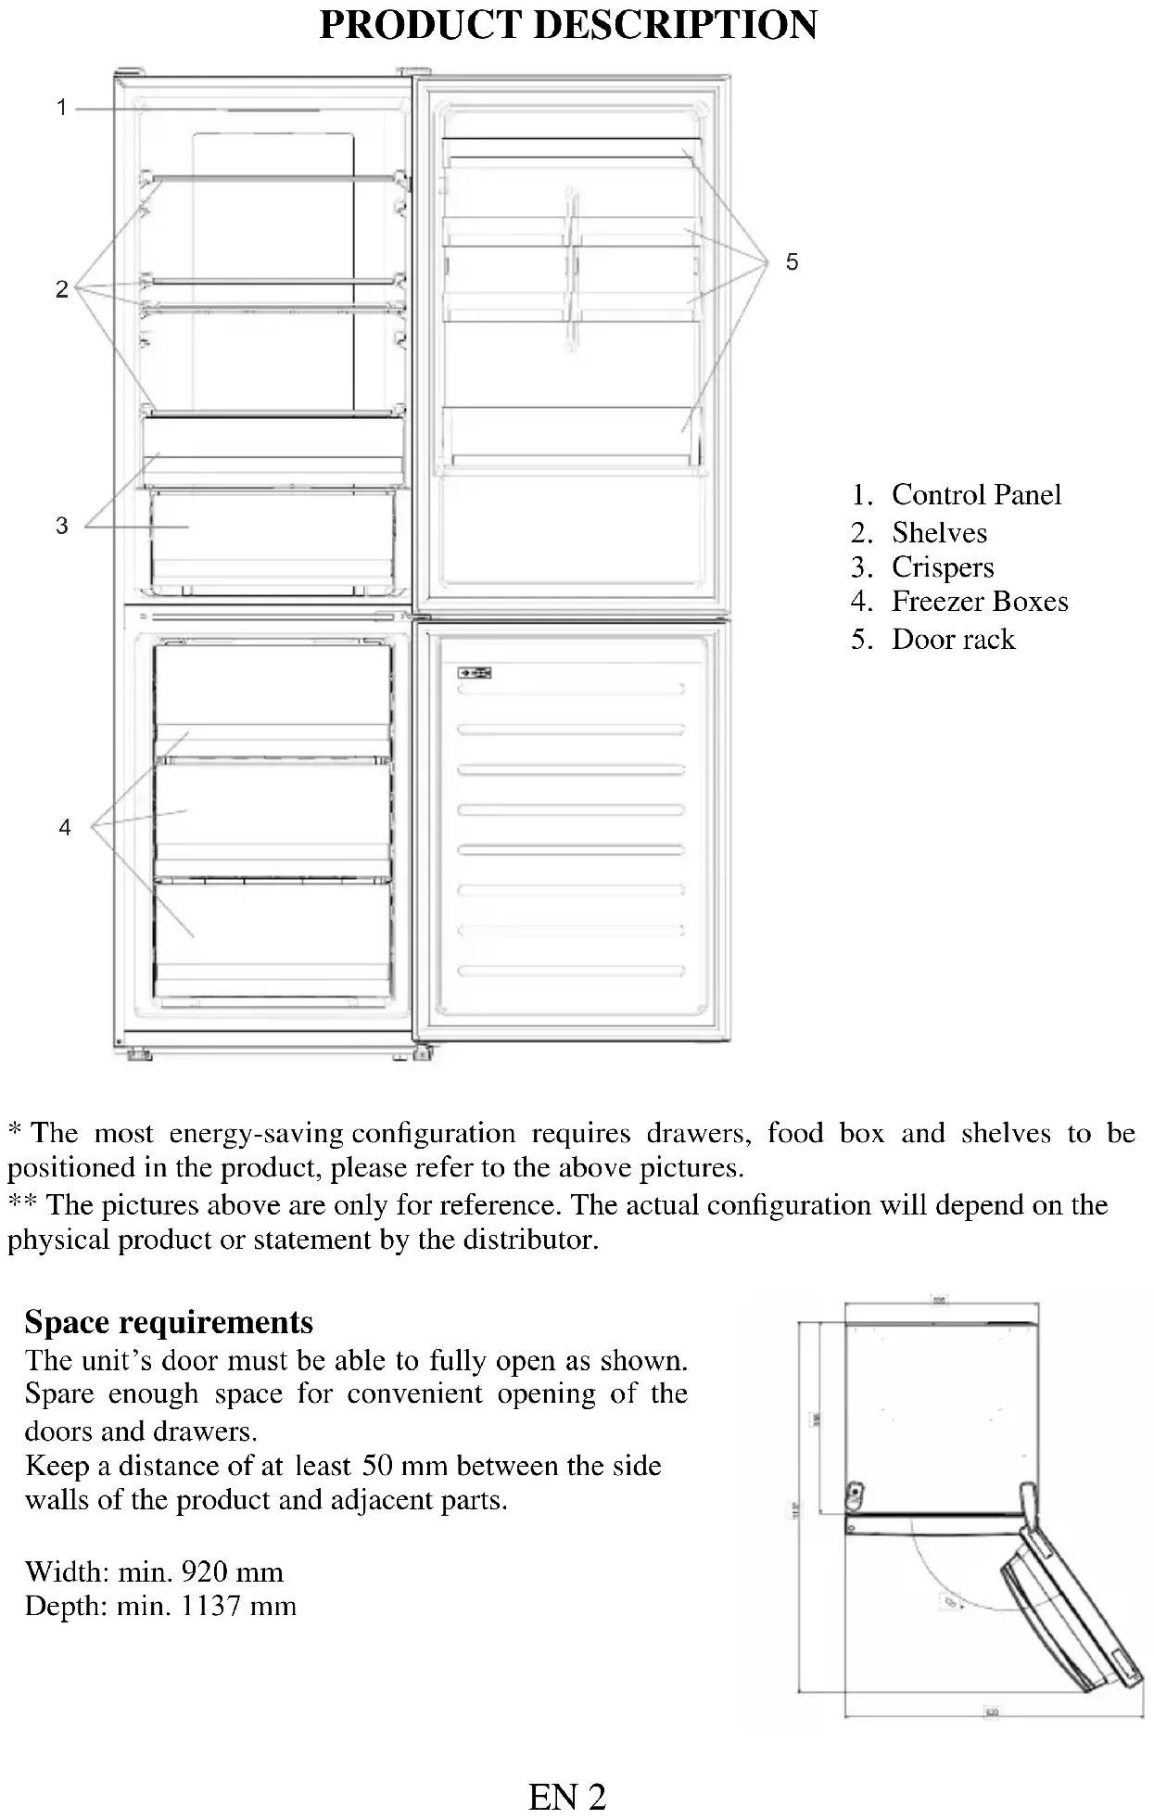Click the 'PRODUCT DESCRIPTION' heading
pos(568,25)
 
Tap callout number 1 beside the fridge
pos(62,108)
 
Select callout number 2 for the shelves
pos(62,289)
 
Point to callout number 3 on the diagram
pos(62,526)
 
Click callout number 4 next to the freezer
pos(65,827)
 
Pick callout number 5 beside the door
pos(792,262)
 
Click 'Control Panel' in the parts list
pos(976,494)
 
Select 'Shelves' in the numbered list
pos(939,532)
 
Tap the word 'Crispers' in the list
pos(943,566)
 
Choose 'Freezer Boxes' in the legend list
pos(980,602)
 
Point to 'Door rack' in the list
pos(953,639)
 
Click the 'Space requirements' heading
pos(169,1321)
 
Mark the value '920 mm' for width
pos(233,1571)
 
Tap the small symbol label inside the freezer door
pos(475,673)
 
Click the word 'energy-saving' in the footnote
pos(256,1133)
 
